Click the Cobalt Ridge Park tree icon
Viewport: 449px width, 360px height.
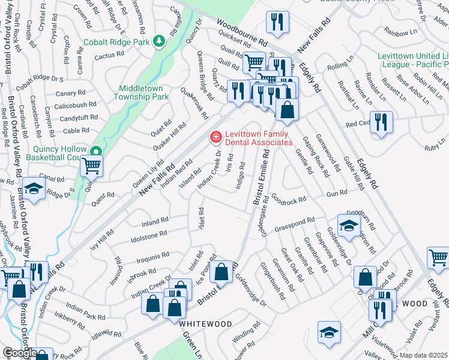click(158, 41)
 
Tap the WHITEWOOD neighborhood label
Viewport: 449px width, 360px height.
click(205, 323)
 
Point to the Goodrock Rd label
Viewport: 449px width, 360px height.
click(289, 197)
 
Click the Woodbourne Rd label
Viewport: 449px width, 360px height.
click(242, 41)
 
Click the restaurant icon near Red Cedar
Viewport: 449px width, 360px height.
click(381, 122)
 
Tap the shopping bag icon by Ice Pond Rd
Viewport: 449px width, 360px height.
click(221, 272)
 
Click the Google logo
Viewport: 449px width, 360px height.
click(19, 353)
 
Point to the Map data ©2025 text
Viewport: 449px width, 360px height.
click(423, 355)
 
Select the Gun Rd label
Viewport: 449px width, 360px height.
click(337, 193)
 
